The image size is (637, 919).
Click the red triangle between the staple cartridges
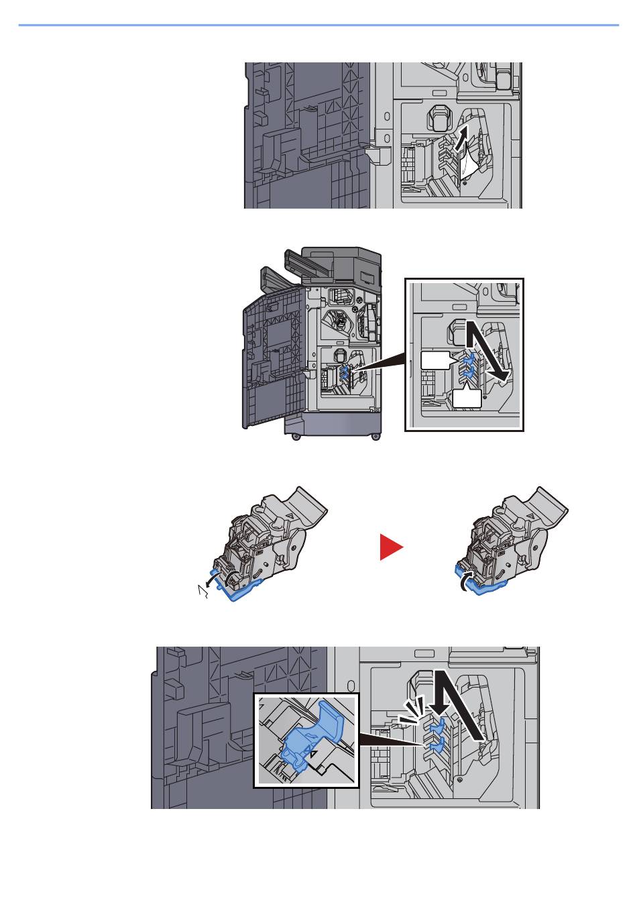coord(391,547)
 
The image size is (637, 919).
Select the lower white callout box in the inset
coord(467,398)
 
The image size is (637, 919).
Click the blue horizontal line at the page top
coord(318,25)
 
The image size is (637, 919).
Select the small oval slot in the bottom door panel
coord(424,653)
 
